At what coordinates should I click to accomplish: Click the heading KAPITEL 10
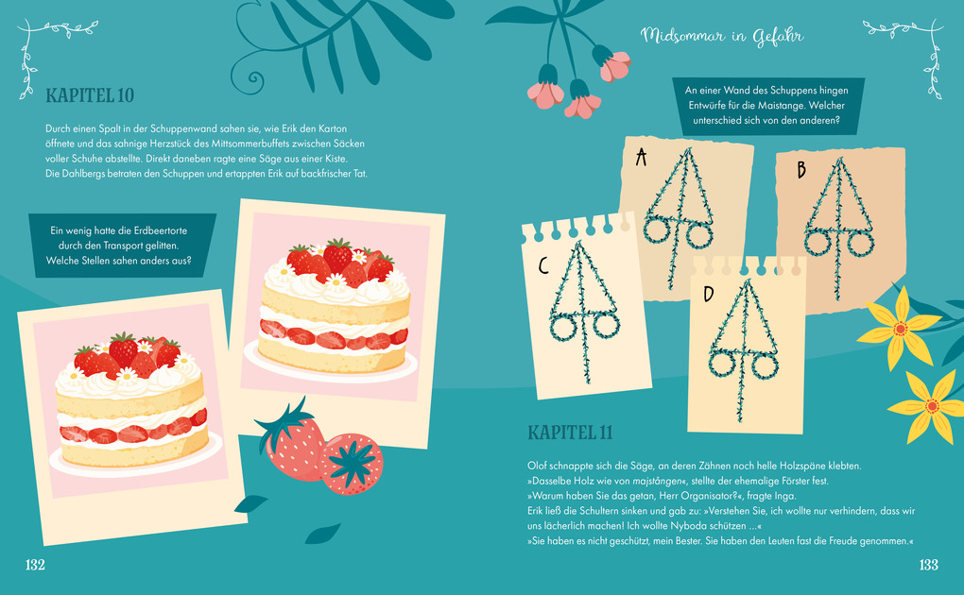[x=90, y=95]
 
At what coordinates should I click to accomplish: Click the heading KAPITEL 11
[x=571, y=433]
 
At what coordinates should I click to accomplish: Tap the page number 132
[x=35, y=565]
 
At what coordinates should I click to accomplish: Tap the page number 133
[x=928, y=565]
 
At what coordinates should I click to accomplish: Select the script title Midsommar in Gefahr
[x=722, y=36]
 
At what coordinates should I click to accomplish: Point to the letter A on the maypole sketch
[x=641, y=158]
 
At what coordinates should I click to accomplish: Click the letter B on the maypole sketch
[x=801, y=170]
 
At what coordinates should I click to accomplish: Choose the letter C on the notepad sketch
[x=542, y=265]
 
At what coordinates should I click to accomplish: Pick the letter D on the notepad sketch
[x=708, y=294]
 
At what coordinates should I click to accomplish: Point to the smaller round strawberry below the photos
[x=352, y=464]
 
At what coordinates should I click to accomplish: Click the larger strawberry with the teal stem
[x=291, y=441]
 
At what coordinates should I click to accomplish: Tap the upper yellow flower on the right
[x=899, y=329]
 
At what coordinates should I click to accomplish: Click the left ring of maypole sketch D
[x=722, y=364]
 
